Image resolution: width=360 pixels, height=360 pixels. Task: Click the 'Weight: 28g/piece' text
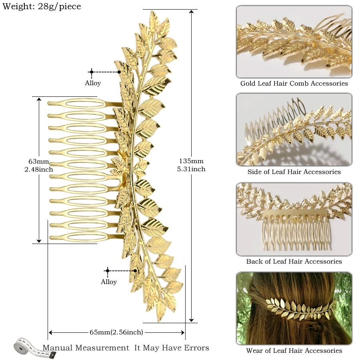(42, 6)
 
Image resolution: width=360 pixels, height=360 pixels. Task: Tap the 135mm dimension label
(191, 161)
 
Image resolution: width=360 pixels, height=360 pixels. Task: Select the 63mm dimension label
(38, 162)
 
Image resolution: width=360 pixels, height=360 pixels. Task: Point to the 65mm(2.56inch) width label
(116, 332)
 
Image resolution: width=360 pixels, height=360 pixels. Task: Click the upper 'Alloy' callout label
(93, 83)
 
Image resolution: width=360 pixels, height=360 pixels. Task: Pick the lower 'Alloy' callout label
(109, 282)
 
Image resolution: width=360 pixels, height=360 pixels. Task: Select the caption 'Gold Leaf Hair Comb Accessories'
(294, 83)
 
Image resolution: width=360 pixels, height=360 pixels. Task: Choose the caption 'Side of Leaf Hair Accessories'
(294, 172)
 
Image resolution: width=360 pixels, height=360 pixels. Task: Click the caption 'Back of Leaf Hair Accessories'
(294, 261)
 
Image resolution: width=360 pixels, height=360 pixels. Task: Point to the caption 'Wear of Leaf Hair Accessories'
(294, 350)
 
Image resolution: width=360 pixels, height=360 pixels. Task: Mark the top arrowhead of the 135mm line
(192, 12)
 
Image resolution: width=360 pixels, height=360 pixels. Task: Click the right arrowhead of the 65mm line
(182, 332)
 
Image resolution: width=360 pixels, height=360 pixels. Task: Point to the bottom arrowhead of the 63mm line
(39, 241)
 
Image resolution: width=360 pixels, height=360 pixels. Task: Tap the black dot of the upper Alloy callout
(119, 72)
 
